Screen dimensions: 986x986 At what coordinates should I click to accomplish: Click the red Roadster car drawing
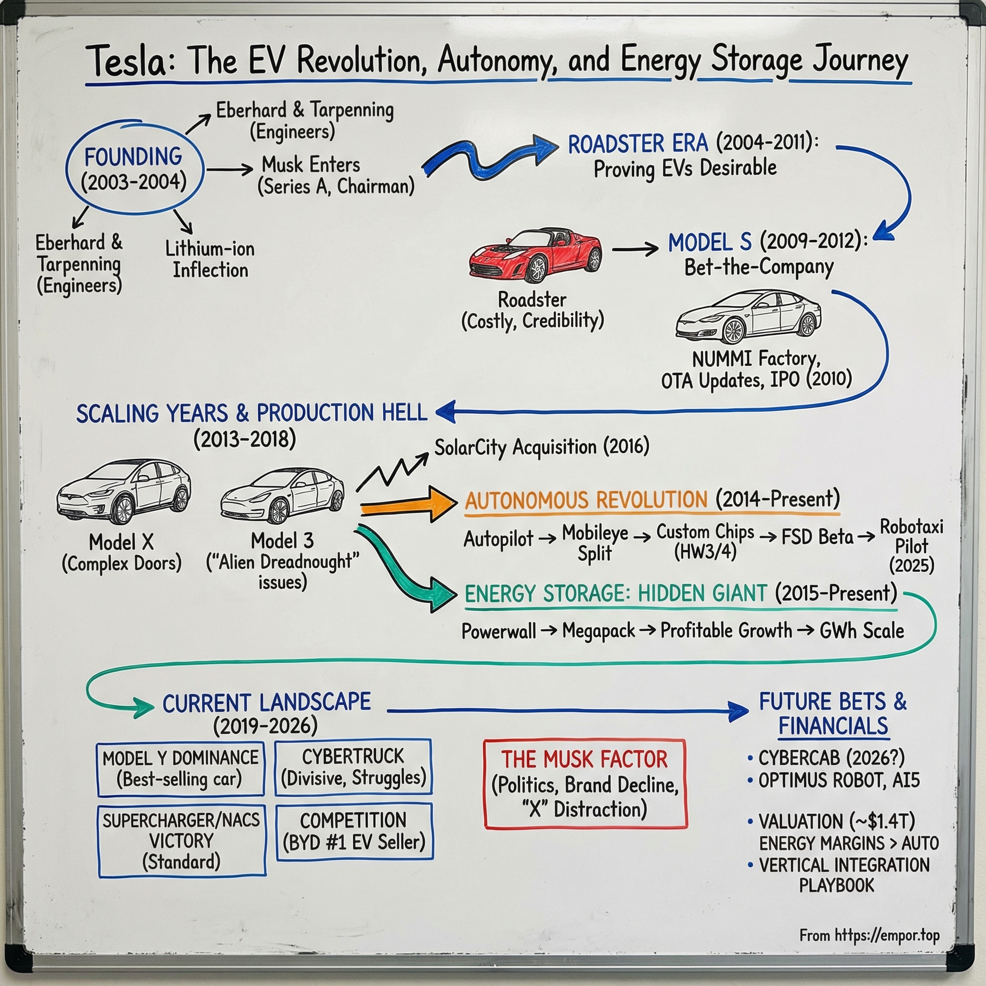point(535,255)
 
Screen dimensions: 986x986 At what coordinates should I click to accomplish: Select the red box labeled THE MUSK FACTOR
point(585,784)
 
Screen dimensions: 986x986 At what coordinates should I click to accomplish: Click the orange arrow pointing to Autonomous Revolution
point(408,504)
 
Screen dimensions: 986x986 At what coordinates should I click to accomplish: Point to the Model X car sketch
point(124,491)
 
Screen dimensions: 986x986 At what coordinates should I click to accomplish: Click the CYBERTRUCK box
point(353,766)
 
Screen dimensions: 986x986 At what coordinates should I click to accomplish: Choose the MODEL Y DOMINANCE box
point(181,768)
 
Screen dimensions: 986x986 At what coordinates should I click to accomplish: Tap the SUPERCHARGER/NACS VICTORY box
point(182,841)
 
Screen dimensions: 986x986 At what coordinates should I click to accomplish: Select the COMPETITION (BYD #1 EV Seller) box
point(354,832)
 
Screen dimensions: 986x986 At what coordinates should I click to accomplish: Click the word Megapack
point(598,631)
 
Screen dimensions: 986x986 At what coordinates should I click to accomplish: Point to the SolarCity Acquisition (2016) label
point(542,447)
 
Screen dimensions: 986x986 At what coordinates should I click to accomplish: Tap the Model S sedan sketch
point(748,317)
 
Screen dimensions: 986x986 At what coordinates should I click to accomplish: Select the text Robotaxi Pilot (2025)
point(911,546)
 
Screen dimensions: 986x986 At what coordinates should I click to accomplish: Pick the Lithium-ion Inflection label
point(210,259)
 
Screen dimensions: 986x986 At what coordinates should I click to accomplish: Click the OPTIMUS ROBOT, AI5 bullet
point(839,780)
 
